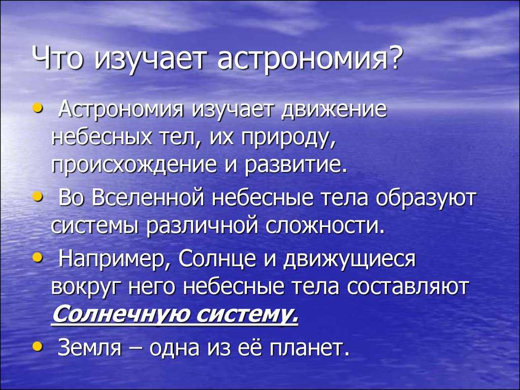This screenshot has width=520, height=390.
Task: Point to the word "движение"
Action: pos(334,110)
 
